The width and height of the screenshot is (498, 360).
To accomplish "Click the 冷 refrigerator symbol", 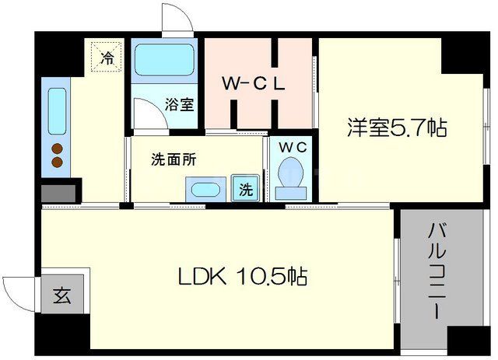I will click(x=107, y=57).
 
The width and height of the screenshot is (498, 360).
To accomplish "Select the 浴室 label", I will click(x=180, y=105).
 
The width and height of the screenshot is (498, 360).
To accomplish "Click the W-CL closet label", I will click(x=254, y=84).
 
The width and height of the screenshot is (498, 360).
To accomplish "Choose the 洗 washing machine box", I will click(x=244, y=189).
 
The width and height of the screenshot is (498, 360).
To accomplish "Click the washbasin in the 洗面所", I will click(x=205, y=189).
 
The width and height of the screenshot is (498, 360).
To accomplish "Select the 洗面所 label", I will click(x=173, y=160).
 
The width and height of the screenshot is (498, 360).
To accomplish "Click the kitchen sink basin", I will click(x=58, y=111).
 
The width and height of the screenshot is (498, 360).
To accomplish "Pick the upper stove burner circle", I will click(x=57, y=148).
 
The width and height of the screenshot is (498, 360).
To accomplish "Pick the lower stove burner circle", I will click(x=57, y=162).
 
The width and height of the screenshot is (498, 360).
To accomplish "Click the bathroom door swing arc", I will click(x=149, y=113).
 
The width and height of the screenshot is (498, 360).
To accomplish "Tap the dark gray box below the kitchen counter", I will click(x=59, y=190).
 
